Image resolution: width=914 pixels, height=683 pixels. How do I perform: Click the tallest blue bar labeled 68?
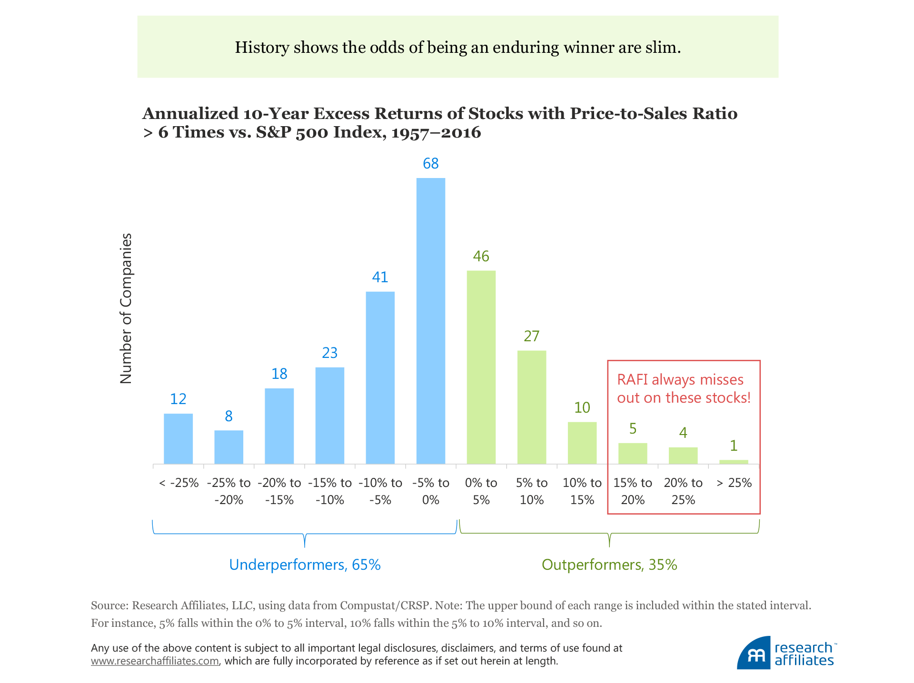tap(430, 321)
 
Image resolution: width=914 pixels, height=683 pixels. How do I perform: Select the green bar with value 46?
tap(481, 367)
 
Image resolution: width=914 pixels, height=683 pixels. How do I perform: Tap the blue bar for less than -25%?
tap(178, 438)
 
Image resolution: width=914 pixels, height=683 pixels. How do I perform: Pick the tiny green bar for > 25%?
tap(733, 462)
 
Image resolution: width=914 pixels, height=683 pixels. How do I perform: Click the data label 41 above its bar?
tap(380, 277)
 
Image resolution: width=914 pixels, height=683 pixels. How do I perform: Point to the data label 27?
tap(531, 336)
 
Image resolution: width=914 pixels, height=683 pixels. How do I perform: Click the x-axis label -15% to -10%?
tap(329, 491)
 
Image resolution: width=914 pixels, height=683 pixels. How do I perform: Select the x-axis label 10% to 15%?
tap(582, 491)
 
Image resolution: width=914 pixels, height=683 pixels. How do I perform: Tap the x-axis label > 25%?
tap(734, 483)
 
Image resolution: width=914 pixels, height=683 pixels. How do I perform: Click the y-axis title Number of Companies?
tap(126, 308)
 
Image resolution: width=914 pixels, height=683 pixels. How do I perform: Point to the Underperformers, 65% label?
tap(305, 564)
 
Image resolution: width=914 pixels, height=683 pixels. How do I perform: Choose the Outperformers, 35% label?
tap(609, 564)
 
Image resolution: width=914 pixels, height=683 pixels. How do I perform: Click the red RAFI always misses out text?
tap(683, 388)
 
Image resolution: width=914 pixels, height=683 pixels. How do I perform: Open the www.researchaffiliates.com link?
tap(155, 661)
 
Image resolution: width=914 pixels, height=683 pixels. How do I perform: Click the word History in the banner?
tap(262, 47)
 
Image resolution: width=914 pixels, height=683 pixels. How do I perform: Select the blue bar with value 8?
tap(228, 447)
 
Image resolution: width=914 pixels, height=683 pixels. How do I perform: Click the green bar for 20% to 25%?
tap(683, 455)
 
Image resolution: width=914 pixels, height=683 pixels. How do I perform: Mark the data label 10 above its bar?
tap(582, 407)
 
